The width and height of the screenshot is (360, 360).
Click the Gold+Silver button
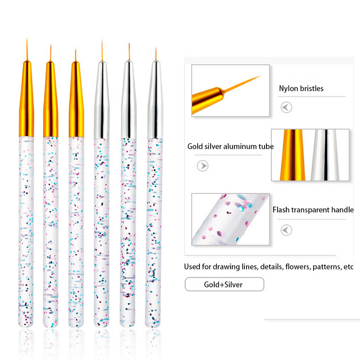click(224, 284)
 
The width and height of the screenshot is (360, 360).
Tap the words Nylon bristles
click(301, 88)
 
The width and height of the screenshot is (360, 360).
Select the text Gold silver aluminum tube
click(230, 146)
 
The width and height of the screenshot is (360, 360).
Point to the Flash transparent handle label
click(313, 210)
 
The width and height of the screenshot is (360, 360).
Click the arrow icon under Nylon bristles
click(286, 107)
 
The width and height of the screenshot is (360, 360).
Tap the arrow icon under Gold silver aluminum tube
click(203, 166)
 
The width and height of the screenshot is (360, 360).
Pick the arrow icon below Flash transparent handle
click(286, 230)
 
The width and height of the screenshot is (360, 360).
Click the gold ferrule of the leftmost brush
click(27, 99)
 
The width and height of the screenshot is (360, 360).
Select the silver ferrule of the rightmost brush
click(155, 99)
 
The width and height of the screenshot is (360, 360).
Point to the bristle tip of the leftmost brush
click(27, 39)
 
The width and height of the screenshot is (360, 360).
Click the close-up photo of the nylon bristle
click(230, 91)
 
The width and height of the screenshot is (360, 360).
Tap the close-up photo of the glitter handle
click(230, 219)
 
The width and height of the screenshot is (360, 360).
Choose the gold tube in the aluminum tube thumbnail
click(292, 155)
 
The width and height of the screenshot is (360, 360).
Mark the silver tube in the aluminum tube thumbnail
click(325, 155)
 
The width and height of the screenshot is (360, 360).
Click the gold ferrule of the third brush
click(76, 99)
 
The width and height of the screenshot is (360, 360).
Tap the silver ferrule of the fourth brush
click(102, 99)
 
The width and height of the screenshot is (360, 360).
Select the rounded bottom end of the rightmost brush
click(153, 324)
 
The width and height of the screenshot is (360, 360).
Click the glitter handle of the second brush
click(50, 232)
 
